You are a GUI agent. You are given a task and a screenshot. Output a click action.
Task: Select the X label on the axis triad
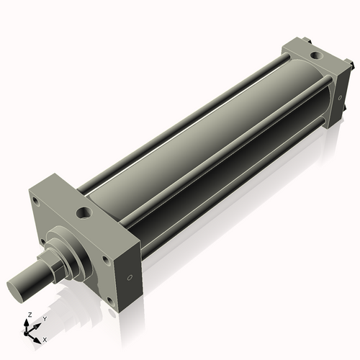(45, 338)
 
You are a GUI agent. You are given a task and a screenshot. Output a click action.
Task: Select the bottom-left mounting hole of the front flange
(45, 240)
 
